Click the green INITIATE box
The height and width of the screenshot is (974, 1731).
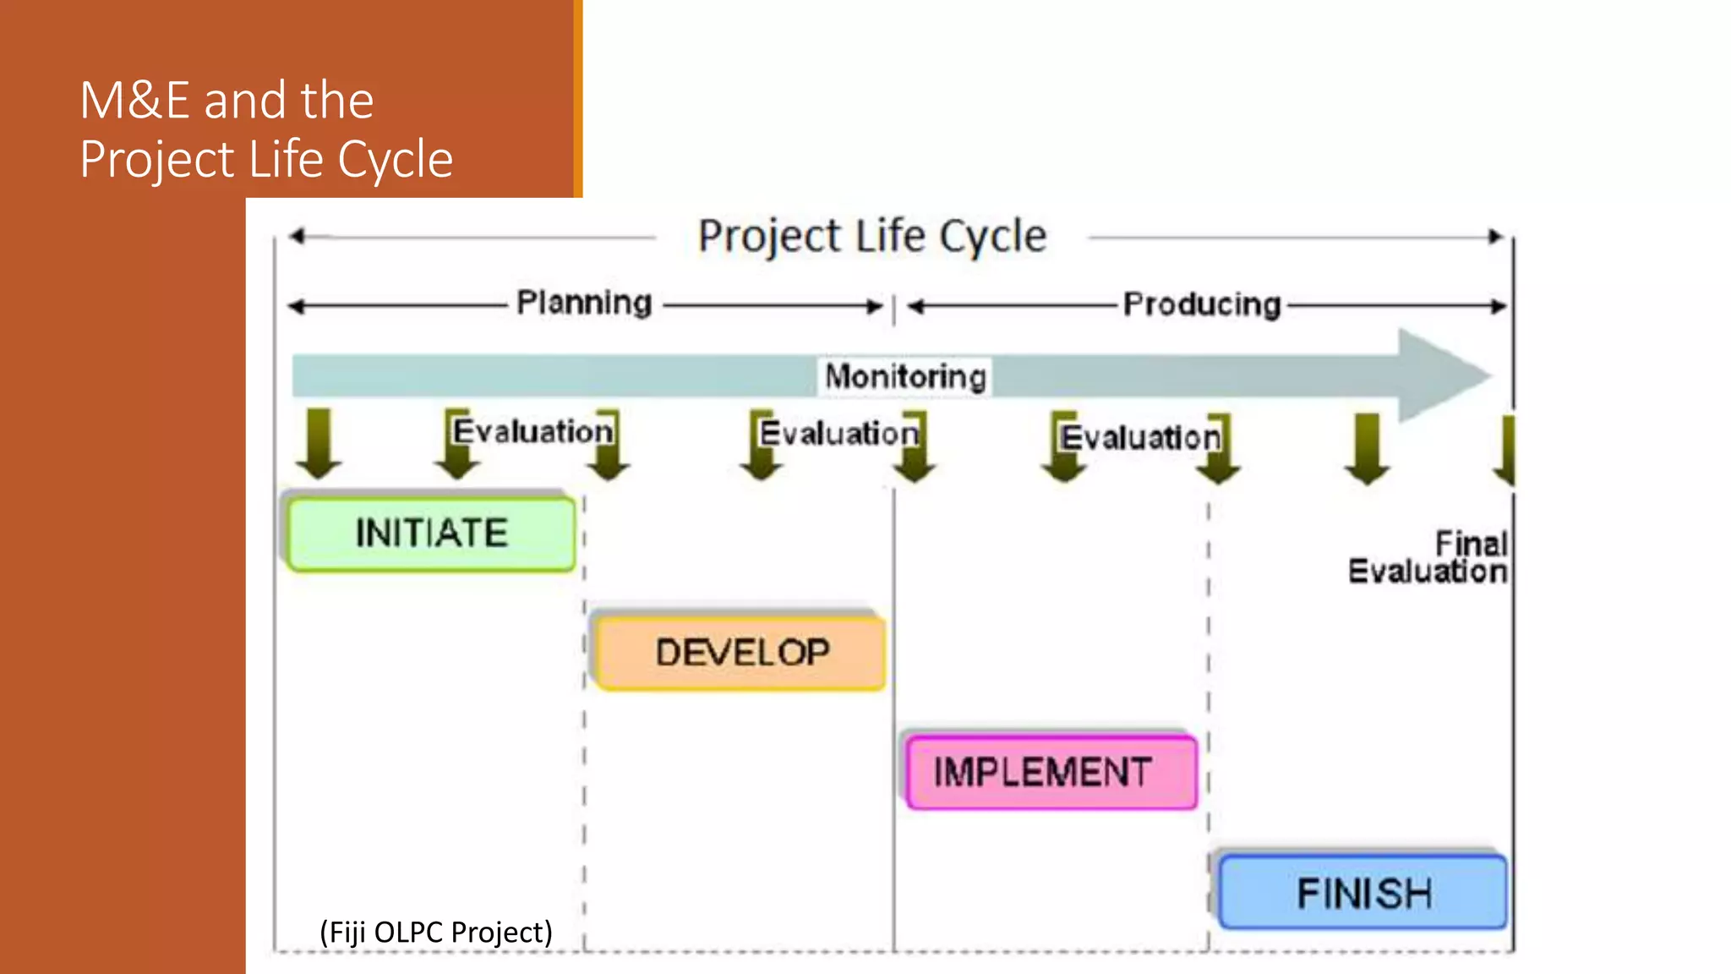click(431, 534)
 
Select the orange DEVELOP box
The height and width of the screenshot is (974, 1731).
click(740, 653)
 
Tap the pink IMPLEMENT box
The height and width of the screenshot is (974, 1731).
click(1050, 772)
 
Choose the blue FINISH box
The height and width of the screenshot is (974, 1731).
click(1362, 893)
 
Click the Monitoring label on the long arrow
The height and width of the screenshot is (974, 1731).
click(905, 376)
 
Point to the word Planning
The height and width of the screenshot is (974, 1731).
click(584, 303)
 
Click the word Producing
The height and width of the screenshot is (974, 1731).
click(1201, 304)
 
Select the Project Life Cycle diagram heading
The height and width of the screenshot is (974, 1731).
click(871, 236)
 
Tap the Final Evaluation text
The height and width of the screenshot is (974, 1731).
click(1428, 557)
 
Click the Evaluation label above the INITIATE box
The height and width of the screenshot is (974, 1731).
click(532, 431)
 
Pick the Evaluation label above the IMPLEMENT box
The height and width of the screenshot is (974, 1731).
click(1140, 437)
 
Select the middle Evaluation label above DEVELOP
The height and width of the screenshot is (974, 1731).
click(838, 433)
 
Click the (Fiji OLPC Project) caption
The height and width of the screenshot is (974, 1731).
click(435, 932)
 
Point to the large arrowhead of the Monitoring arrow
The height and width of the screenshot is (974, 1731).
click(1441, 375)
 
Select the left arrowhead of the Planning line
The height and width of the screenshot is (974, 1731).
click(295, 306)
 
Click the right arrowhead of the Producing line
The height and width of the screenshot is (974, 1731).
click(1499, 306)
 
